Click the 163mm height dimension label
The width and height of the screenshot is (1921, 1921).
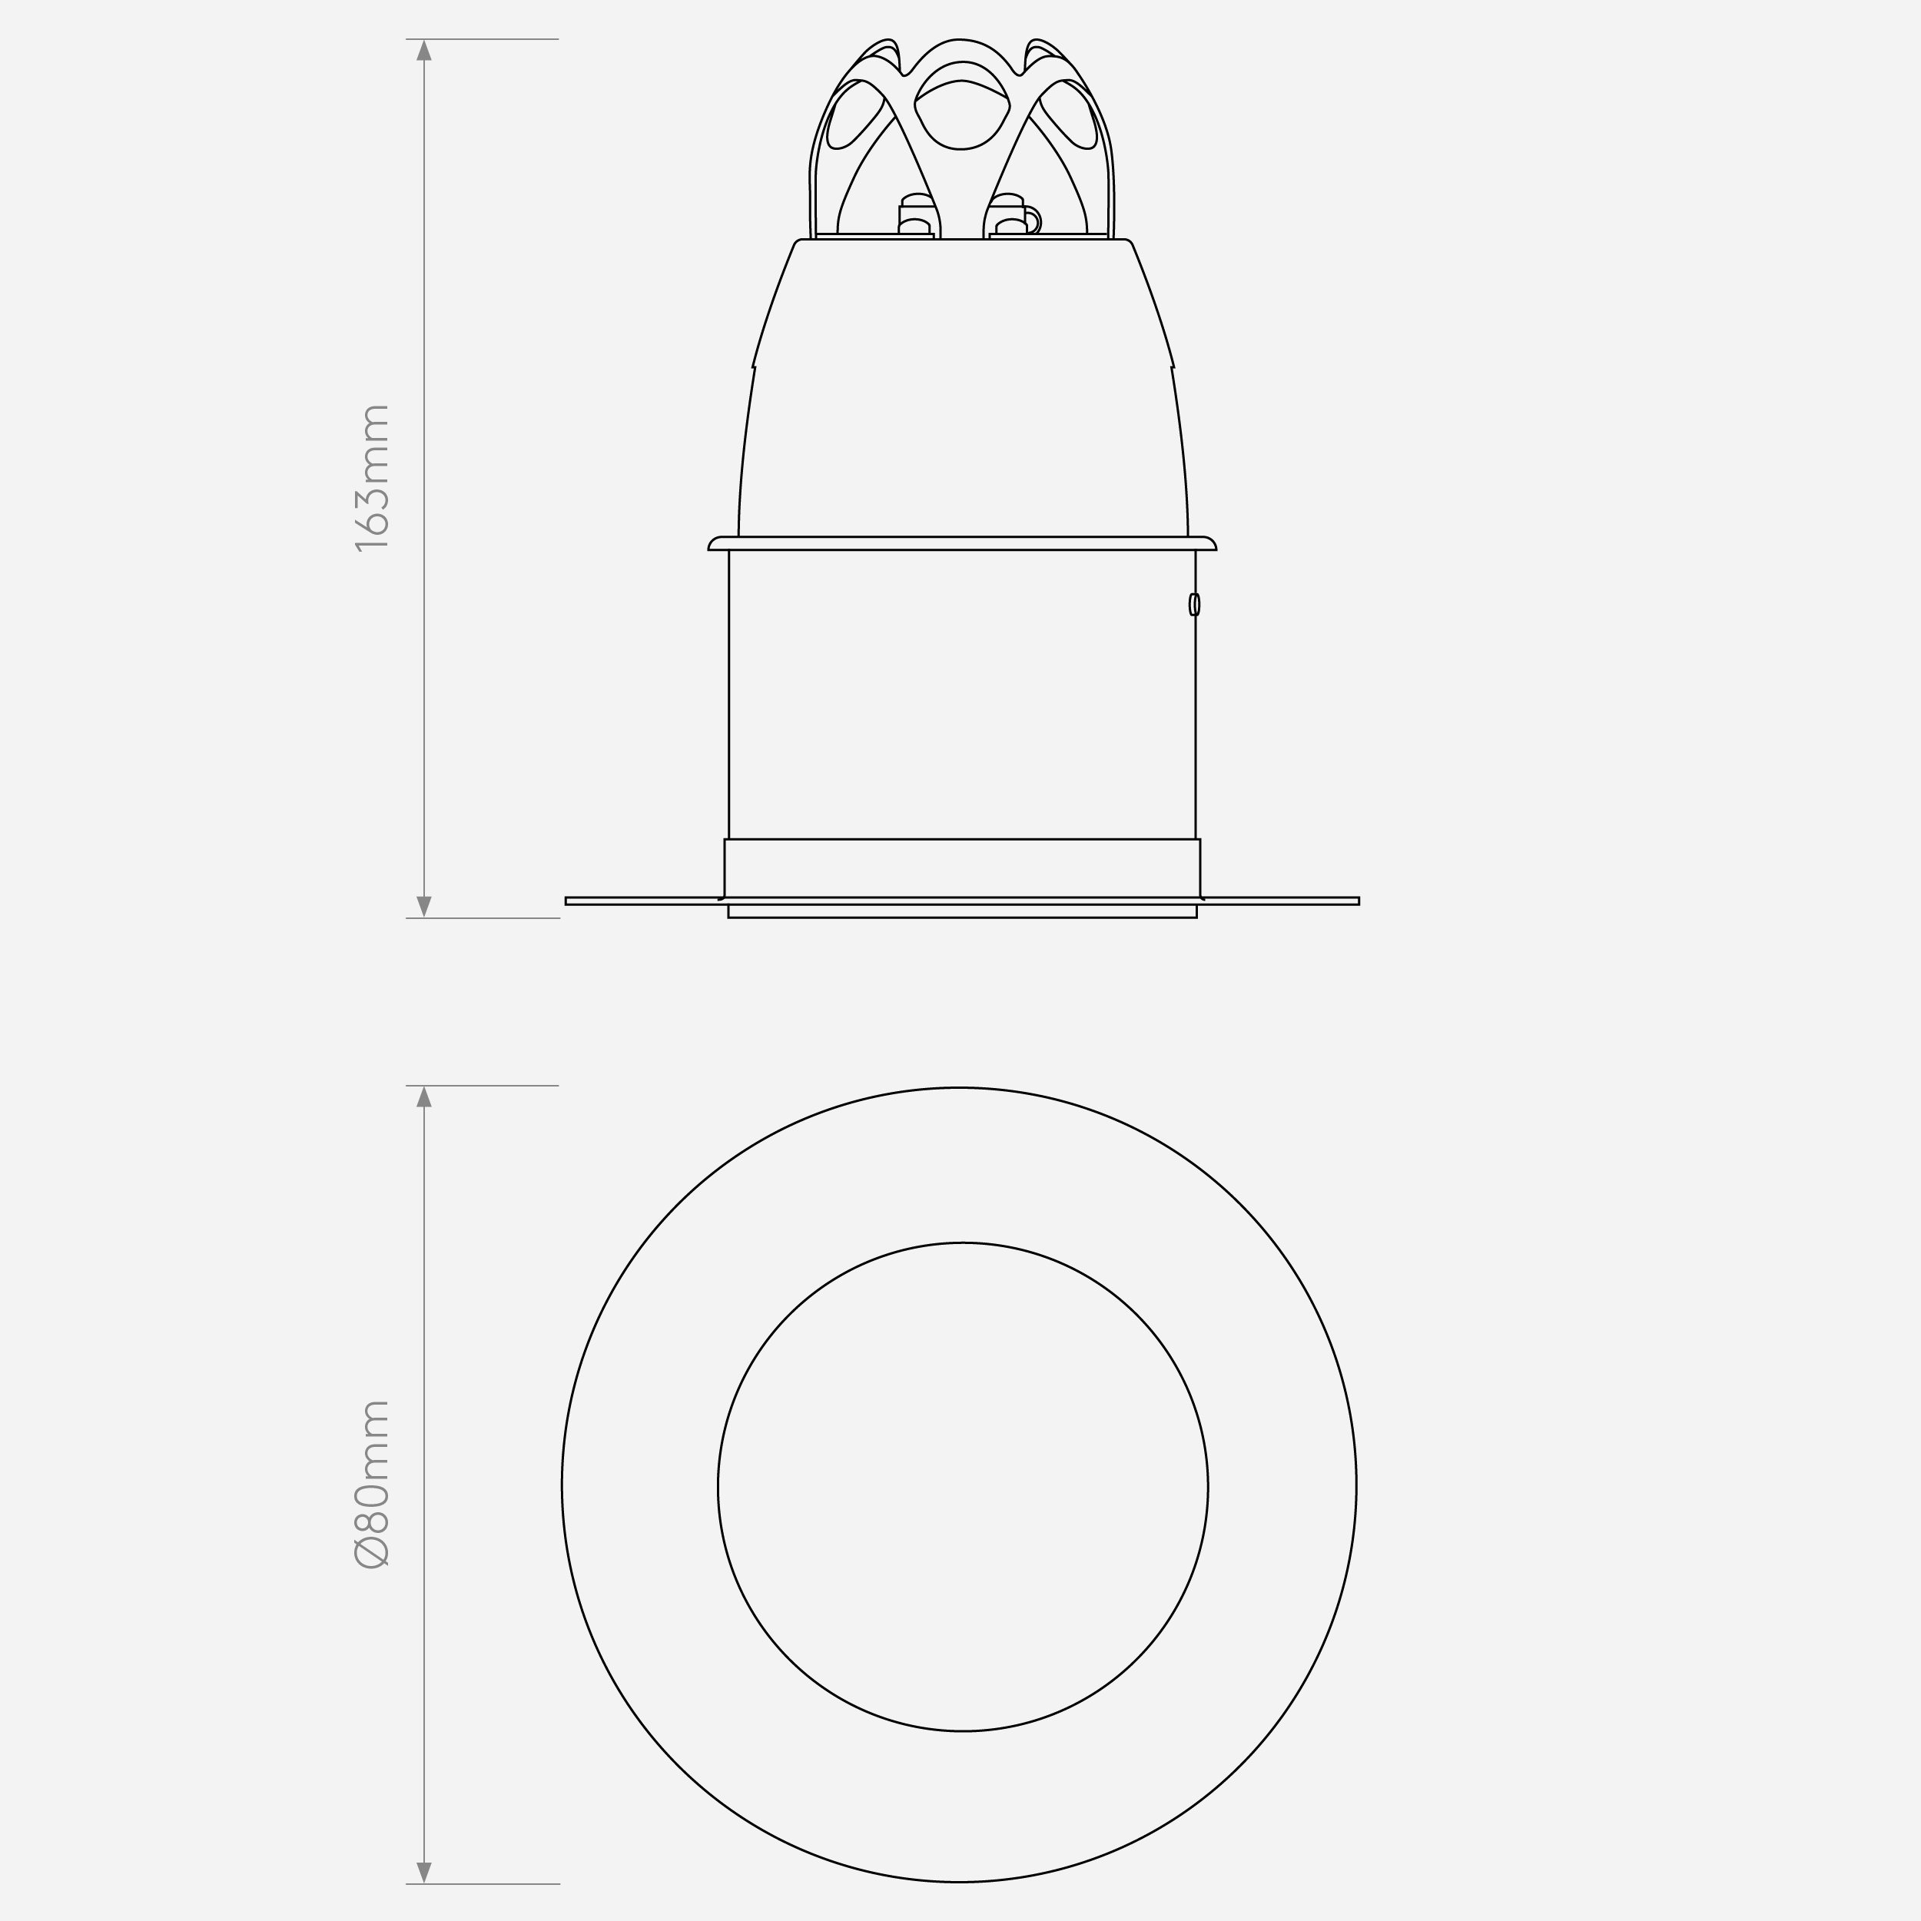pyautogui.click(x=373, y=477)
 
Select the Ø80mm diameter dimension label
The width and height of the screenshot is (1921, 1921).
pyautogui.click(x=373, y=1484)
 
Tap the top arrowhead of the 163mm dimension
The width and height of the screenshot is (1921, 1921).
pyautogui.click(x=425, y=50)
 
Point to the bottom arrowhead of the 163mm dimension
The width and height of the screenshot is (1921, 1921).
pyautogui.click(x=425, y=906)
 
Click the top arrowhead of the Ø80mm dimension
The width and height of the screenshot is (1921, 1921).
pyautogui.click(x=425, y=1097)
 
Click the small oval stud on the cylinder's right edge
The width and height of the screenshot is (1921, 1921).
pyautogui.click(x=1194, y=605)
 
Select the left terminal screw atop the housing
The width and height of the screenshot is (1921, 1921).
pyautogui.click(x=916, y=215)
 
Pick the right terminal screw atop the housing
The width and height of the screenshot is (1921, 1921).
pyautogui.click(x=1008, y=215)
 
